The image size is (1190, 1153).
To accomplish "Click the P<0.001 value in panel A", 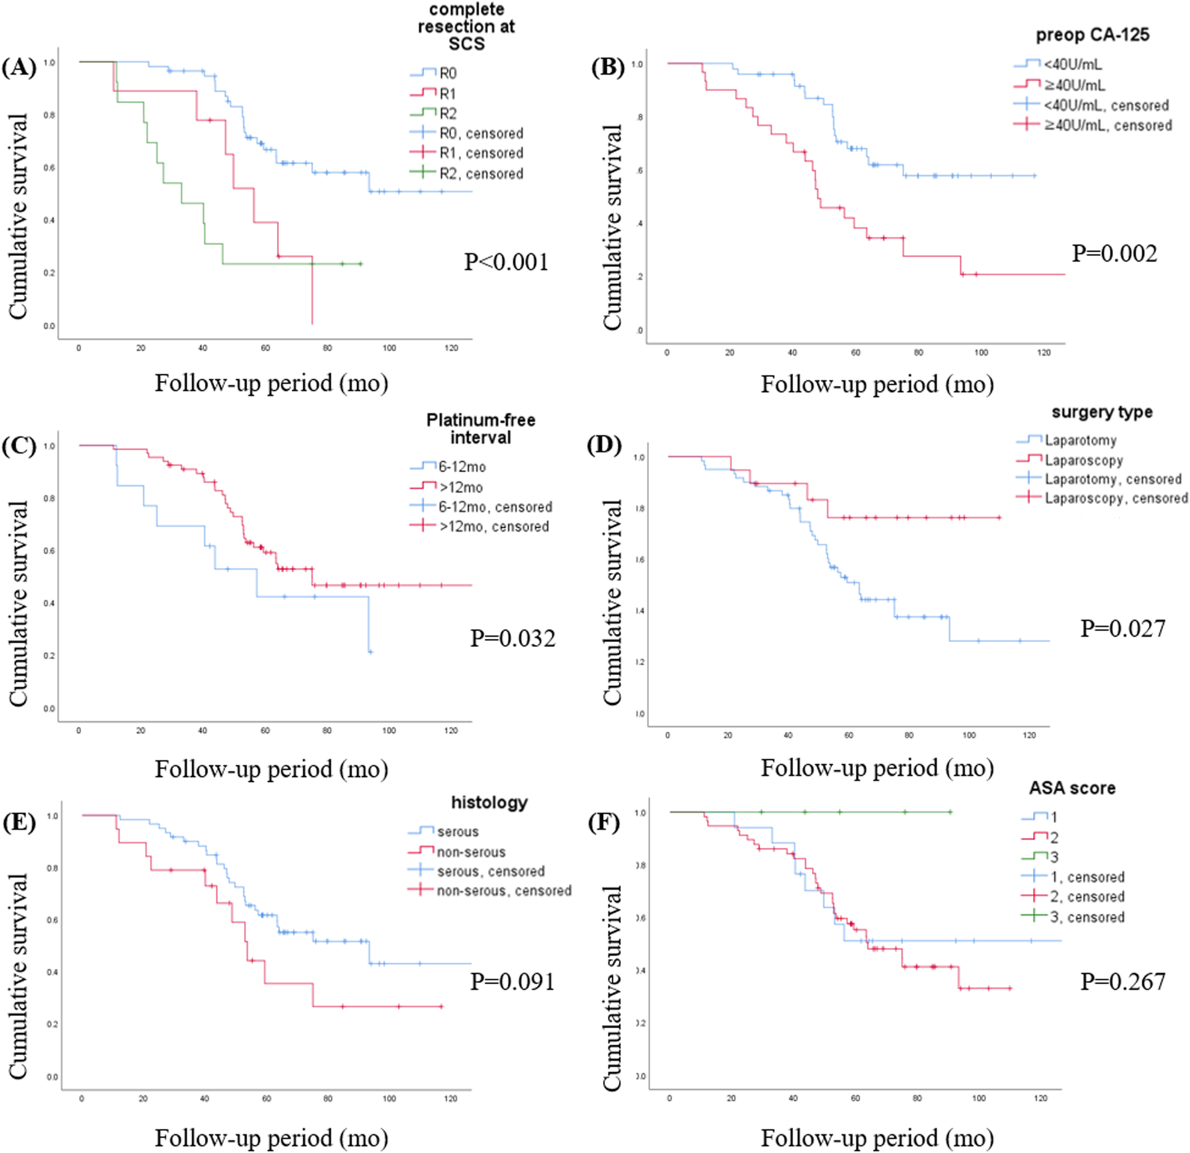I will [x=506, y=262].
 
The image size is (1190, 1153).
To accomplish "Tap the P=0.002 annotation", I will [x=1114, y=253].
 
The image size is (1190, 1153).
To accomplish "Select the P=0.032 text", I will [x=512, y=638].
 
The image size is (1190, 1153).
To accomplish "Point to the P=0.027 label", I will [x=1123, y=629].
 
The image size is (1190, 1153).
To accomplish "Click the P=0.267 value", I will [x=1123, y=981].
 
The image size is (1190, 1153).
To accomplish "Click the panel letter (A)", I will [x=19, y=67].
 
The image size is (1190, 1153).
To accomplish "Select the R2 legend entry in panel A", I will [x=448, y=113].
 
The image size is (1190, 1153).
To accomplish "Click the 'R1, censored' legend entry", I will [x=481, y=153].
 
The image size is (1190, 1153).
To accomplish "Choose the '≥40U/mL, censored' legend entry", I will [x=1107, y=125].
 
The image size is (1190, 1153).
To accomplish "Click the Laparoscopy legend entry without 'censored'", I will [x=1084, y=460].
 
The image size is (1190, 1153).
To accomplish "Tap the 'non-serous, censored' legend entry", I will [x=504, y=890].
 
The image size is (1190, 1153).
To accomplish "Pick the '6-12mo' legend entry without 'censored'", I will [x=462, y=467].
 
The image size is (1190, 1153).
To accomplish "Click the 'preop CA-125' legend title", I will [x=1092, y=35].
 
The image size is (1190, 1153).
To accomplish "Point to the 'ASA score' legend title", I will [x=1072, y=788].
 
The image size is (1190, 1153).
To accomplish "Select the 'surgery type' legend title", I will [x=1102, y=412].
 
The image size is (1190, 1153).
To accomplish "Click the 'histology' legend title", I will [x=489, y=802].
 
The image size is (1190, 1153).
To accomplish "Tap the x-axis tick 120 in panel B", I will [x=1044, y=353].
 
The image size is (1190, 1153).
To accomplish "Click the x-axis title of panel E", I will [x=271, y=1138].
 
